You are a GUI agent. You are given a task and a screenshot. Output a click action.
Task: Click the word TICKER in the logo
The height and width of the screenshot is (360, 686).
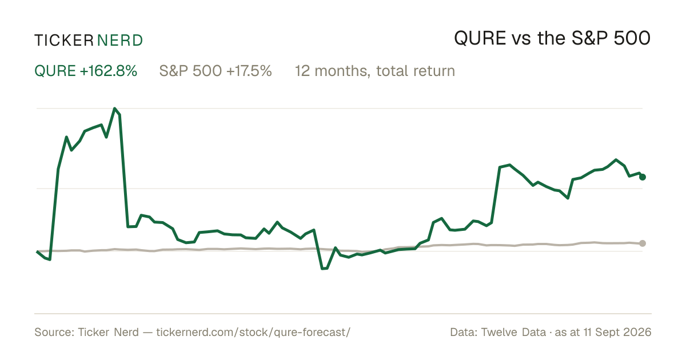(63, 41)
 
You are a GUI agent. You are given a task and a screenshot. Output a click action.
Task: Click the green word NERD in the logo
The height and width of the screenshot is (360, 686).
(119, 41)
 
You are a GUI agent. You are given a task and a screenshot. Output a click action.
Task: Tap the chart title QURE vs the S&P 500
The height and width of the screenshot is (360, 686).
(552, 38)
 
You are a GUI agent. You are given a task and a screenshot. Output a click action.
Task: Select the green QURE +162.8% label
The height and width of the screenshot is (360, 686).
(86, 71)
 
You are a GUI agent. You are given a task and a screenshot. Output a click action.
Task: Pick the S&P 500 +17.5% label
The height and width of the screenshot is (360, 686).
(216, 71)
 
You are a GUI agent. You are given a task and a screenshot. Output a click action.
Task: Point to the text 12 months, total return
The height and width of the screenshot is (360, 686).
(375, 71)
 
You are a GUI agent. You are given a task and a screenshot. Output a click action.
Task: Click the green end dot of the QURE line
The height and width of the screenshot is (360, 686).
(643, 177)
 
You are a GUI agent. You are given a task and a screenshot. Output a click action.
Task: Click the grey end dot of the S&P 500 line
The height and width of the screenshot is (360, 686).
(643, 243)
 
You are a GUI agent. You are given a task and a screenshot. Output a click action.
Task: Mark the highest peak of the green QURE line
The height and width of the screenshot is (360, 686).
(114, 109)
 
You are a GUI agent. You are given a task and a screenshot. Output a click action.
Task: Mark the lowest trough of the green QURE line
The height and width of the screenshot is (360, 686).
(322, 269)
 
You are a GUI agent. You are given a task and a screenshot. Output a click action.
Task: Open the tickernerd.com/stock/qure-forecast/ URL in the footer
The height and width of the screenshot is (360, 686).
(253, 332)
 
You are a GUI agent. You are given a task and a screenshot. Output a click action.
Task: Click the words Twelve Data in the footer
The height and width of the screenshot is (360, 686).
(513, 332)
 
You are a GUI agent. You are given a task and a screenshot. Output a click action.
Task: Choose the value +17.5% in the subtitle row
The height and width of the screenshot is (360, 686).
(249, 71)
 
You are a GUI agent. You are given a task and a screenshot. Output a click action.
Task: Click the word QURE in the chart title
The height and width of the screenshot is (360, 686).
(480, 38)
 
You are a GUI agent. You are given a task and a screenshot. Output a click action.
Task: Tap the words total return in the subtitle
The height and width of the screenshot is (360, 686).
(416, 71)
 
